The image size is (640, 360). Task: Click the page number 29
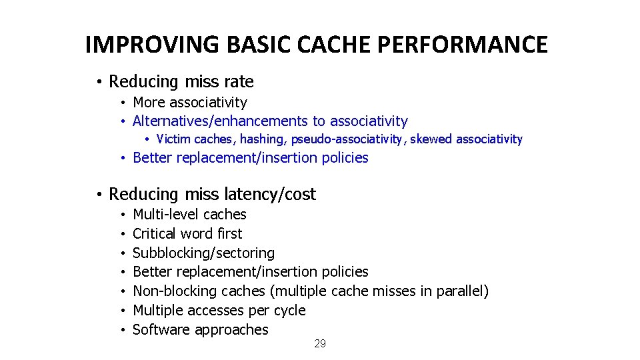[x=320, y=343]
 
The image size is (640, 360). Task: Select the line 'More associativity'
[x=190, y=103]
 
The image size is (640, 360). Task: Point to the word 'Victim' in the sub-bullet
[x=173, y=139]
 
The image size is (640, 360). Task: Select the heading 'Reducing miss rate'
[x=181, y=82]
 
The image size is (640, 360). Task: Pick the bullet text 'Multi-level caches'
[x=190, y=215]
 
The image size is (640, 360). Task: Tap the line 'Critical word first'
[x=188, y=234]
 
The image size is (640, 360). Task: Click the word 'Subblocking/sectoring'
[x=204, y=253]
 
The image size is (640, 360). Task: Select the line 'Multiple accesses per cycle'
[x=219, y=311]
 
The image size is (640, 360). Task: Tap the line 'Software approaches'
[x=201, y=330]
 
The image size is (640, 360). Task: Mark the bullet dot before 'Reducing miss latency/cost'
[x=97, y=195]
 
